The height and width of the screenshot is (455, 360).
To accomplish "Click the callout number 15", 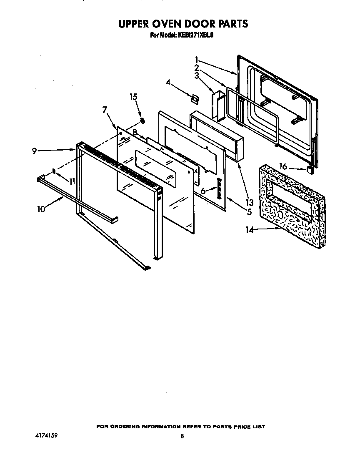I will pyautogui.click(x=133, y=97).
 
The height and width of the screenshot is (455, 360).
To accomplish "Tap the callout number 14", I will pyautogui.click(x=250, y=229).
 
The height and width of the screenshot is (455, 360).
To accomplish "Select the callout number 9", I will pyautogui.click(x=35, y=151).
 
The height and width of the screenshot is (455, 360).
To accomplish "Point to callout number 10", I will pyautogui.click(x=41, y=209).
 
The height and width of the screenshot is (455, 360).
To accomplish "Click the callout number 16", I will pyautogui.click(x=283, y=167).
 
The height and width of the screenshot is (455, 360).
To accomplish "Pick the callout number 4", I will pyautogui.click(x=168, y=83).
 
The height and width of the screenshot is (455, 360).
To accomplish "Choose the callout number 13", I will pyautogui.click(x=250, y=203).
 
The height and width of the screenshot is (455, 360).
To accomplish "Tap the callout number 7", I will pyautogui.click(x=105, y=110).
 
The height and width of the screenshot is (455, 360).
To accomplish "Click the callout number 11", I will pyautogui.click(x=72, y=181).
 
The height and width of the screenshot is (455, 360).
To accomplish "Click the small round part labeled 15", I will pyautogui.click(x=142, y=121).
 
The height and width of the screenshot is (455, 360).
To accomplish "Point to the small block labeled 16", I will pyautogui.click(x=310, y=170).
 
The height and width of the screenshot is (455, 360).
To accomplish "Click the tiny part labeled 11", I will pyautogui.click(x=54, y=171).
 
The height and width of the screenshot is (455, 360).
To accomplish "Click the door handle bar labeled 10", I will pyautogui.click(x=75, y=198).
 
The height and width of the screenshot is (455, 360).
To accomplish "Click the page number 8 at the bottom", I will pyautogui.click(x=182, y=436).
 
